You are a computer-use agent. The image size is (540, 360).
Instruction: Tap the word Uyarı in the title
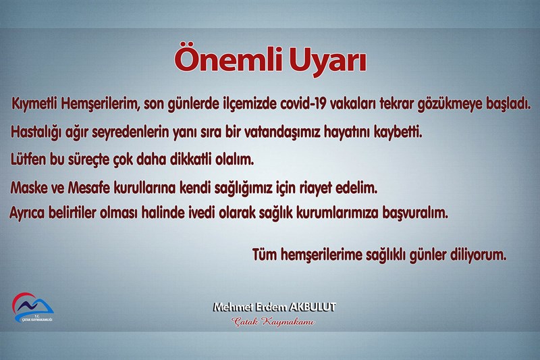point(327,61)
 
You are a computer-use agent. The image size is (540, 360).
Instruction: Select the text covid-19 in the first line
point(303,104)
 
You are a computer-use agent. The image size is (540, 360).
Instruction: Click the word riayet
point(316,188)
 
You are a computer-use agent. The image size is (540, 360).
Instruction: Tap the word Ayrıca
point(27,213)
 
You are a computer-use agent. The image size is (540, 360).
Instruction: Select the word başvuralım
point(415,213)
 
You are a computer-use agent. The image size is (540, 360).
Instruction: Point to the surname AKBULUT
point(312,307)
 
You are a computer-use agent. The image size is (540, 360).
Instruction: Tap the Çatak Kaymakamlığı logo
point(32,307)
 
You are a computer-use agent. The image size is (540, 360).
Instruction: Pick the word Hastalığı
point(36,132)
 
